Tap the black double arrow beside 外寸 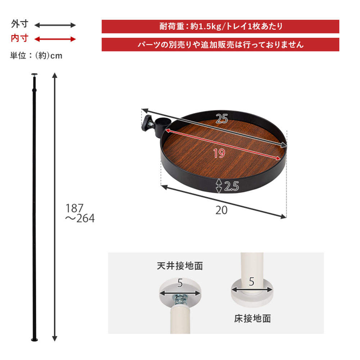tap(55, 25)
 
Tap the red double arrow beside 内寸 tap(55, 39)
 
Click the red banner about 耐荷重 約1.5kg tap(220, 26)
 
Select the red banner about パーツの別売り tap(220, 45)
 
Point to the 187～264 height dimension tap(80, 213)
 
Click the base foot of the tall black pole tap(35, 340)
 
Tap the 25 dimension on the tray tap(222, 118)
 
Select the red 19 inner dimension tap(219, 153)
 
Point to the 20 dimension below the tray tap(222, 210)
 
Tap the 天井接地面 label tap(180, 266)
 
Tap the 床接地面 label tap(252, 318)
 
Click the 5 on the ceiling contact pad tap(180, 283)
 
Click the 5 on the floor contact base tap(251, 281)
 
